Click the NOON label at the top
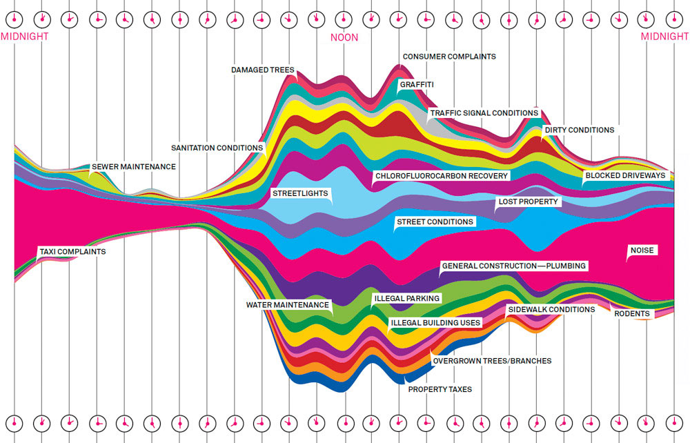[344, 37]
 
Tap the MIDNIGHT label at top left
[24, 37]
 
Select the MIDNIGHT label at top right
[664, 37]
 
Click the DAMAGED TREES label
[263, 70]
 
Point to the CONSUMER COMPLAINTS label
[449, 57]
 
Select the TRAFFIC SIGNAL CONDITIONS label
[484, 112]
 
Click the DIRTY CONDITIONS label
[579, 130]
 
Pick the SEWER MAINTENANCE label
[134, 167]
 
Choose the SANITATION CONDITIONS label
[217, 148]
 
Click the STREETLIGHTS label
[300, 193]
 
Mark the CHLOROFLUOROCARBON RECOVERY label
[442, 176]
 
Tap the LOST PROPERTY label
[528, 202]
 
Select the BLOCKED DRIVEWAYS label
[625, 176]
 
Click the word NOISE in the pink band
[642, 250]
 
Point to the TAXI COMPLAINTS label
[72, 252]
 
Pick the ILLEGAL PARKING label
[406, 299]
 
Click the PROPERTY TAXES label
[440, 390]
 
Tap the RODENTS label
[632, 314]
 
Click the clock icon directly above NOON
[344, 20]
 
